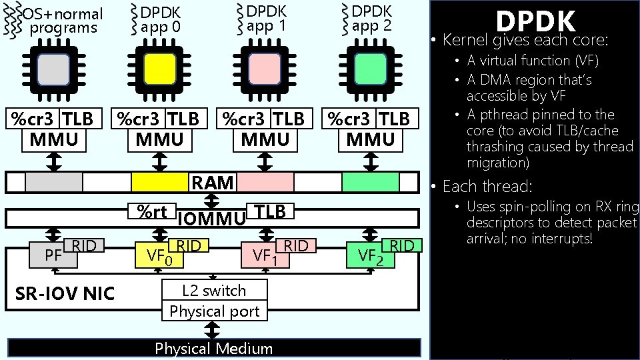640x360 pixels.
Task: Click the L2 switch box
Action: click(x=214, y=291)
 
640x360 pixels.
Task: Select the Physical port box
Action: click(x=214, y=311)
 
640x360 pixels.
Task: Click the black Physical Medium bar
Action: click(x=214, y=348)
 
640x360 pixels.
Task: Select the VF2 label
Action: click(x=371, y=255)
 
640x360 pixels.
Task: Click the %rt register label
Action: click(x=151, y=211)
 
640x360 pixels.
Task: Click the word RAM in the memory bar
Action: click(x=213, y=182)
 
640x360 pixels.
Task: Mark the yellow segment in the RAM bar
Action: click(x=159, y=182)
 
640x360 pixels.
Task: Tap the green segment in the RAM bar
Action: click(x=371, y=182)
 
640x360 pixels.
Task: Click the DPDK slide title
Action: click(x=535, y=22)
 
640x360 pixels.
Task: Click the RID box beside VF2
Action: click(x=402, y=245)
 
